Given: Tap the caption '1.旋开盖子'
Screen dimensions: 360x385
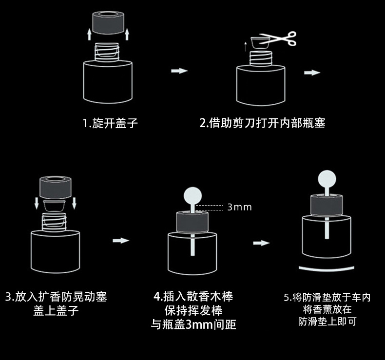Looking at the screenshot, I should coord(110,123).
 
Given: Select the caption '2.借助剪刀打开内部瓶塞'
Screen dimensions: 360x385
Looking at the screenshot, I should coord(262,123).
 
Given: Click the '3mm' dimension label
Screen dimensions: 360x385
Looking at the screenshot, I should coord(239,207).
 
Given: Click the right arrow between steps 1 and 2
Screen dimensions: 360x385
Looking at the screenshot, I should coord(179,71).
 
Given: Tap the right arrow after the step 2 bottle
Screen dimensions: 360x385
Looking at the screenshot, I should coord(312,73).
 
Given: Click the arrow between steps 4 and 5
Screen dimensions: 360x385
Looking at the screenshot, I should coord(261,243).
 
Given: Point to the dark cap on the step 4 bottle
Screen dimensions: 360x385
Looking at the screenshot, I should coord(193,221).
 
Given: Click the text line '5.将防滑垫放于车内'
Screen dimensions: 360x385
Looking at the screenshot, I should coord(327,297).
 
